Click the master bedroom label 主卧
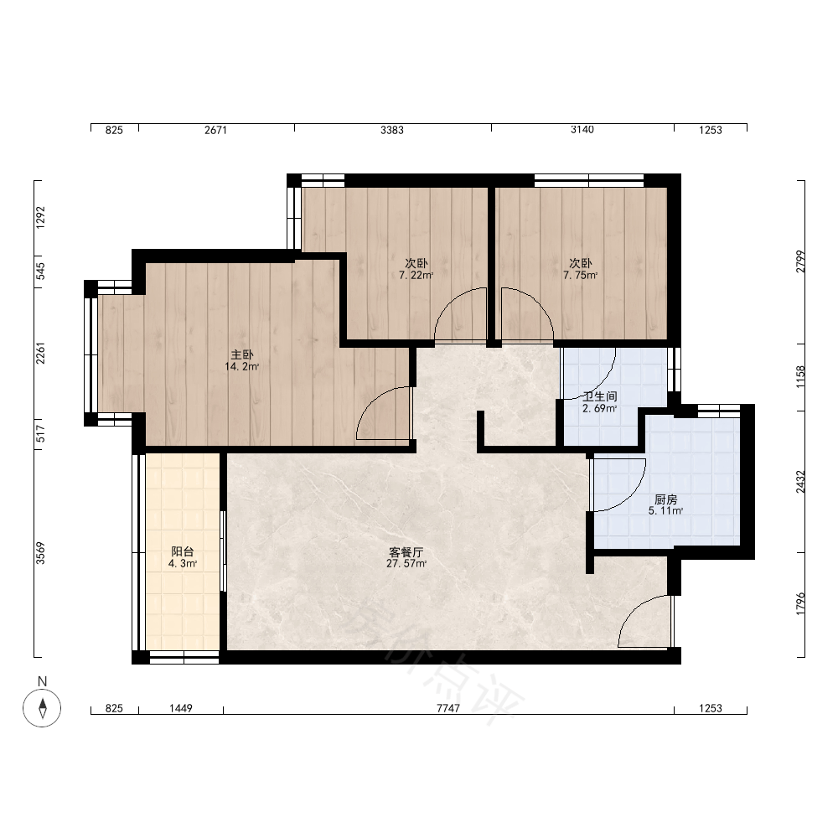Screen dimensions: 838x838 tap(241, 354)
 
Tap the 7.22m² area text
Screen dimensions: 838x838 tap(416, 276)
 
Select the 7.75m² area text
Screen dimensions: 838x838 tap(581, 276)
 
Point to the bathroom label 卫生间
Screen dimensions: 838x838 tap(600, 396)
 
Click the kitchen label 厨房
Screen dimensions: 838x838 tap(666, 499)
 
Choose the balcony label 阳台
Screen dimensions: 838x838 tap(182, 551)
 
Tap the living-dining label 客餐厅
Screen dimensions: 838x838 tap(406, 551)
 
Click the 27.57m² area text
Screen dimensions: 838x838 tap(406, 564)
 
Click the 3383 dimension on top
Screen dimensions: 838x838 tap(392, 130)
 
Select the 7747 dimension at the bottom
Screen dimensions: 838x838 tap(447, 708)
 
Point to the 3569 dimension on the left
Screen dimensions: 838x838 tap(40, 553)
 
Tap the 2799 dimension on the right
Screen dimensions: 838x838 tap(800, 261)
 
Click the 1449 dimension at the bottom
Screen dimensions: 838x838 tap(181, 708)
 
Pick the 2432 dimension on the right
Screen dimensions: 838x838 tap(800, 482)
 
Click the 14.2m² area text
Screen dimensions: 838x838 tap(241, 367)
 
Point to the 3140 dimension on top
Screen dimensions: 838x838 tap(582, 130)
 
